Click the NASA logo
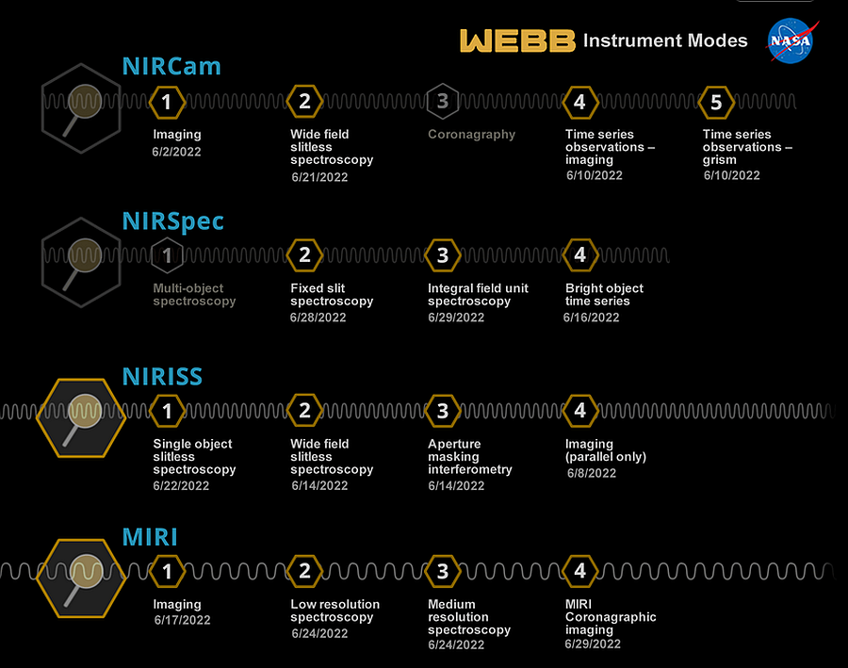[x=791, y=41]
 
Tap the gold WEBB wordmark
[x=517, y=41]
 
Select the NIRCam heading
[x=171, y=67]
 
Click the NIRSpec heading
[x=173, y=221]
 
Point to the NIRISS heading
[x=162, y=377]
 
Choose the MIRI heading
[x=150, y=537]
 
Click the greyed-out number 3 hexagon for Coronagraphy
[x=443, y=101]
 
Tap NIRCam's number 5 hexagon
[x=716, y=102]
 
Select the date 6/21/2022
[x=319, y=177]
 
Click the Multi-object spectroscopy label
[x=194, y=295]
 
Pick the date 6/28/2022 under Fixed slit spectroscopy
[x=318, y=318]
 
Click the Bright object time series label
[x=605, y=295]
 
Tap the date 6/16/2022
[x=591, y=318]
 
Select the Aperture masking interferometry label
[x=470, y=457]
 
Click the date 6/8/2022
[x=592, y=473]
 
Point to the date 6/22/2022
[x=181, y=486]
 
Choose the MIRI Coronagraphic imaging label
[x=611, y=617]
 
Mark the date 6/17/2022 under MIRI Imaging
[x=182, y=620]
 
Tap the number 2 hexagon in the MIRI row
[x=304, y=571]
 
